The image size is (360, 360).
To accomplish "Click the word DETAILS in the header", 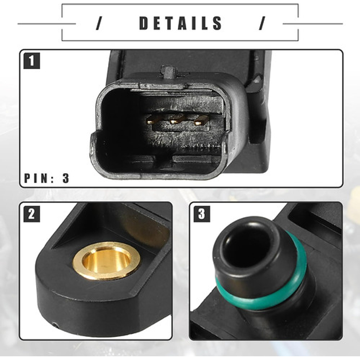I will click(181, 24).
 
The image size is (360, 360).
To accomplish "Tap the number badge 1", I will click(32, 61).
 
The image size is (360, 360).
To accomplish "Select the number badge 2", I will click(32, 214).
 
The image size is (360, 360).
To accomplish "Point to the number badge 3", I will click(202, 214).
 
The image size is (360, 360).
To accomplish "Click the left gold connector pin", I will click(151, 120).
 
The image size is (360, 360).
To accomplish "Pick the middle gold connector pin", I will click(175, 121).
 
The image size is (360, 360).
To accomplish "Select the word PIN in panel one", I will click(36, 178).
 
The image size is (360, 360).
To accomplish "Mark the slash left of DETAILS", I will click(98, 24).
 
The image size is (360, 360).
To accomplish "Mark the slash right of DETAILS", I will click(262, 24).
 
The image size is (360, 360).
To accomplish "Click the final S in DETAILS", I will click(217, 24).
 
